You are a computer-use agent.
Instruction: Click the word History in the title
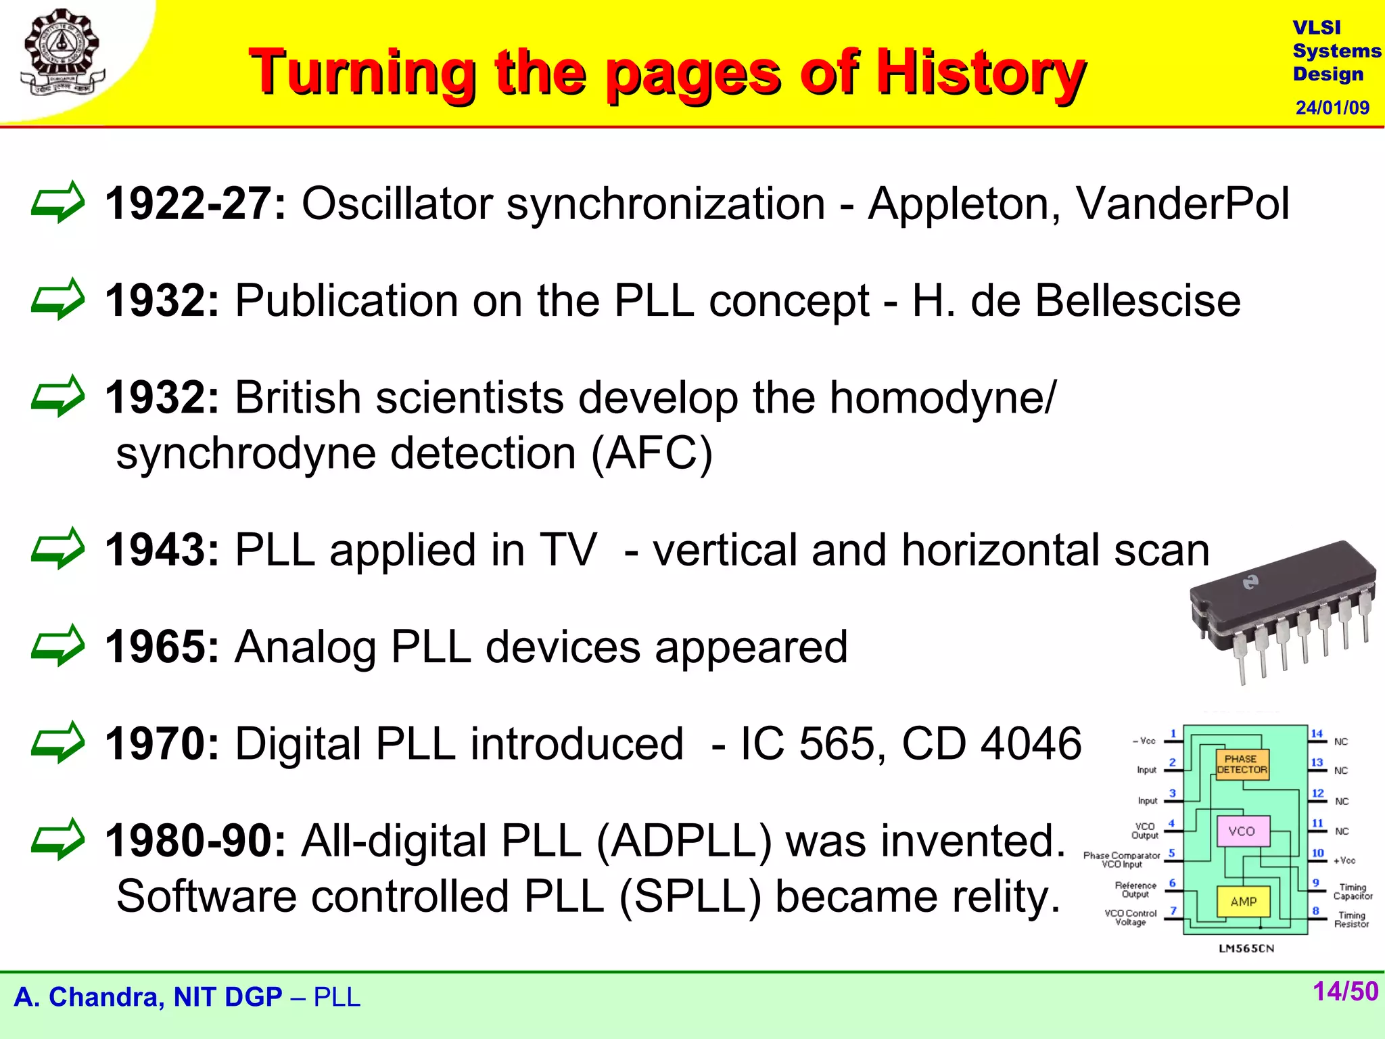click(x=981, y=72)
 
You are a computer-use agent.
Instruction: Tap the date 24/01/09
click(x=1332, y=108)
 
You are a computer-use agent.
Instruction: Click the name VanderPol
click(x=1182, y=203)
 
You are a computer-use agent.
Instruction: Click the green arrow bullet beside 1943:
click(x=58, y=549)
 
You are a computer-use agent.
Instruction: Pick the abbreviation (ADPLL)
click(x=683, y=841)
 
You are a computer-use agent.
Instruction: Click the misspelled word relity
click(x=1006, y=896)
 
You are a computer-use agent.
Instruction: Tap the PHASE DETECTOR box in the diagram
click(x=1242, y=764)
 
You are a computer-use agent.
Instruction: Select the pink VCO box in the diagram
click(x=1242, y=831)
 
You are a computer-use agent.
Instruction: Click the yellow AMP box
click(x=1243, y=902)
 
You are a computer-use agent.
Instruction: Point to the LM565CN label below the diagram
click(x=1246, y=948)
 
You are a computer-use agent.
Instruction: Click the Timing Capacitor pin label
click(x=1353, y=892)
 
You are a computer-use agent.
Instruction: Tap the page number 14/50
click(x=1344, y=992)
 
